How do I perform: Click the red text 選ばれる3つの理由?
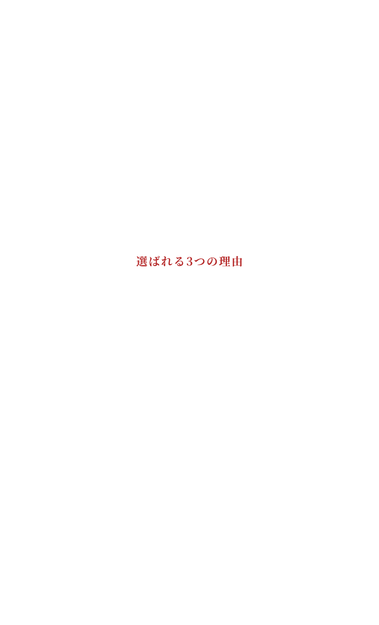(189, 261)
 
